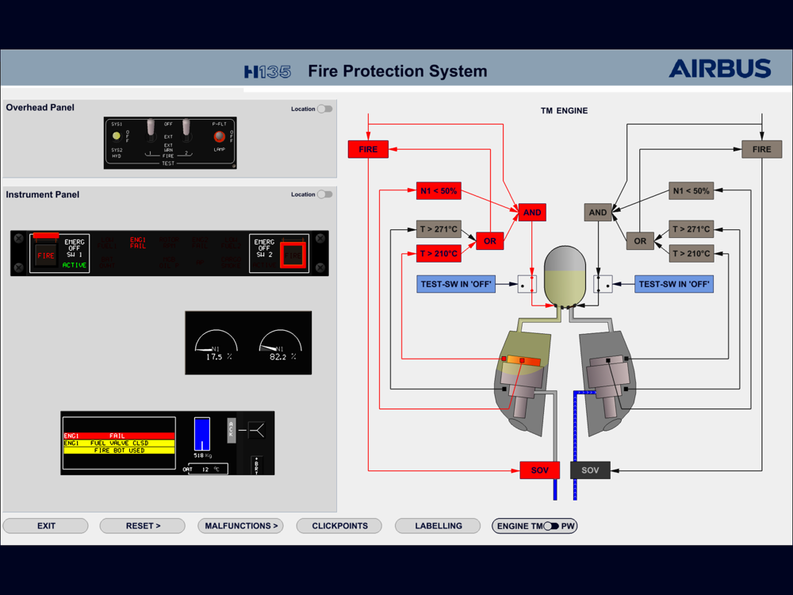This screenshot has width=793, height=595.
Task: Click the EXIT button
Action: coord(46,526)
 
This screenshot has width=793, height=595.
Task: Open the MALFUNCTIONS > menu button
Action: coord(241,526)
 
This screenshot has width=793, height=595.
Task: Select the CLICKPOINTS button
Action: coord(339,526)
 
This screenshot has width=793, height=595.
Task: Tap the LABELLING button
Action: coord(439,526)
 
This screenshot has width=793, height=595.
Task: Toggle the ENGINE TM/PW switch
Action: coord(551,526)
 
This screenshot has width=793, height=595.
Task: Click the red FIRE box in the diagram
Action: coord(368,149)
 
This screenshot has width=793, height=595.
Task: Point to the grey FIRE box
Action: coord(761,149)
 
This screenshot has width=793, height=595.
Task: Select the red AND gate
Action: coord(532,213)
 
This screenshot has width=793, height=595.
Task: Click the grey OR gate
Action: coord(640,240)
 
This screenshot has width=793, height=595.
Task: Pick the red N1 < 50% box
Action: coord(439,191)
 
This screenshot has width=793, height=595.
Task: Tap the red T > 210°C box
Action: coord(439,254)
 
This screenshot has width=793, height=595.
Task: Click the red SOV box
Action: coord(539,470)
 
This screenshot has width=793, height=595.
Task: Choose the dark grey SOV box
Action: coord(590,470)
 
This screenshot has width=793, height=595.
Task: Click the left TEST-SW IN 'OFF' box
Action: coord(456,284)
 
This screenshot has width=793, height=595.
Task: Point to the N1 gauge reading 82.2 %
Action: coord(280,344)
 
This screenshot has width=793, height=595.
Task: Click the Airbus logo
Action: coord(719,69)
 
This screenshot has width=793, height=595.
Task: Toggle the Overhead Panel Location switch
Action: coord(324,109)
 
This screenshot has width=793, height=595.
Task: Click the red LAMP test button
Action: coord(219,136)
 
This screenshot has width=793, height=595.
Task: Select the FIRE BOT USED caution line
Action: coord(119,450)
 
